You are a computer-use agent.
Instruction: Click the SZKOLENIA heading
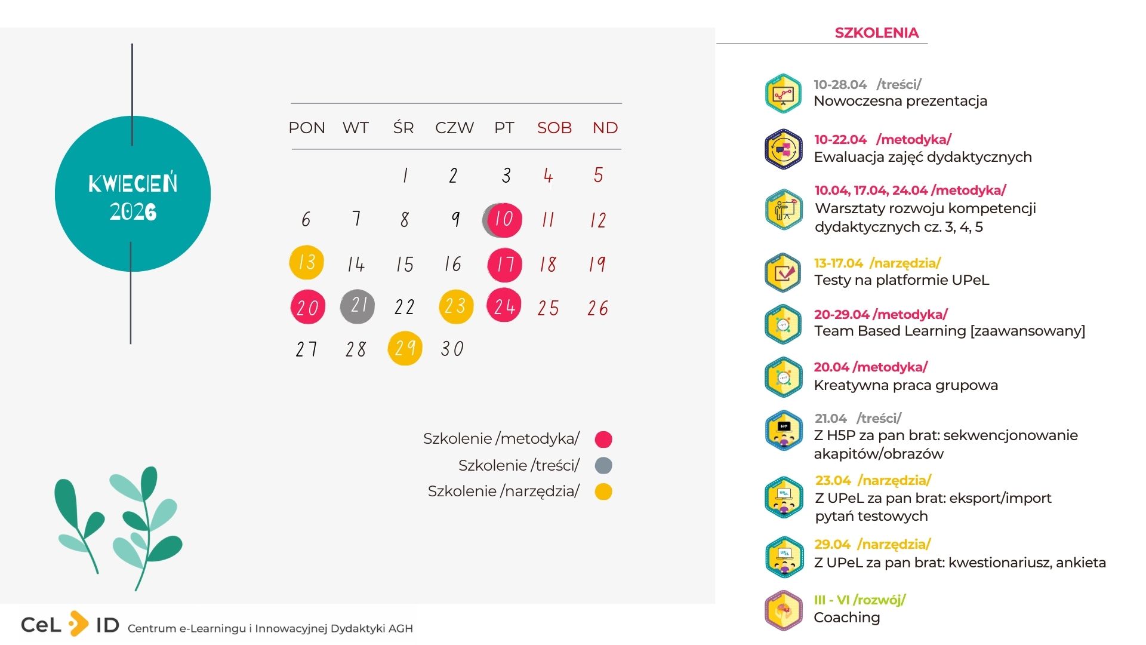876,33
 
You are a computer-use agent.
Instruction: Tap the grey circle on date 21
357,306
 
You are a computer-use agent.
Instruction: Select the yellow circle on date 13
306,262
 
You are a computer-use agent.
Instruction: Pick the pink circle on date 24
504,306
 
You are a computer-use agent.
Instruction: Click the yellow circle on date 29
405,348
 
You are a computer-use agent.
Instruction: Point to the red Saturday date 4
548,176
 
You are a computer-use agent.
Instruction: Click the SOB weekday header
554,128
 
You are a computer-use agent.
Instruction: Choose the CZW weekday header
454,128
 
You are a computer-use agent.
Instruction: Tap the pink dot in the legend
603,440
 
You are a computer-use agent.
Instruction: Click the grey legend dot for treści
603,465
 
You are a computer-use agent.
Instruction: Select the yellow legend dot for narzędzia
603,492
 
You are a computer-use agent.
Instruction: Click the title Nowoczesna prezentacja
900,101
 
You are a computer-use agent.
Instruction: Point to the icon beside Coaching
783,610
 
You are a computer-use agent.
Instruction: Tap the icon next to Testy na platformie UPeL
783,273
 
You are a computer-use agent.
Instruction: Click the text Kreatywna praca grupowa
905,385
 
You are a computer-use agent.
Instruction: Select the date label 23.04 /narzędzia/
873,480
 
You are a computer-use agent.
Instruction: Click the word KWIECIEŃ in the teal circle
133,183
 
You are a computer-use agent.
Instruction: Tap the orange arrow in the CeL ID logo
78,624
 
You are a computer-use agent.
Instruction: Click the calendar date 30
452,349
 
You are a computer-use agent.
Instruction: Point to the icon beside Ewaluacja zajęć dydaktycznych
783,149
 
